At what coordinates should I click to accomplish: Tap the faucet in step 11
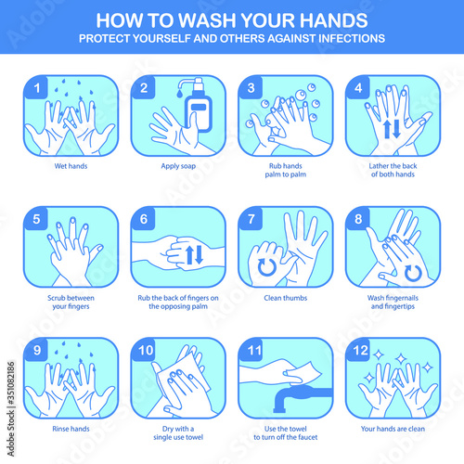(297, 397)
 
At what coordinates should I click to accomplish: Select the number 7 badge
(251, 219)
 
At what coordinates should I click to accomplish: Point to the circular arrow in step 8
(413, 274)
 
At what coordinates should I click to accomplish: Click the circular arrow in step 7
(267, 267)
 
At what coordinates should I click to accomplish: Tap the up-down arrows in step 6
(194, 254)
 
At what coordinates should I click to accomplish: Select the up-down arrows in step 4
(392, 129)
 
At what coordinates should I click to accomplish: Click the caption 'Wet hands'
(71, 166)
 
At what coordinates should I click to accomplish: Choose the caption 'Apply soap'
(178, 166)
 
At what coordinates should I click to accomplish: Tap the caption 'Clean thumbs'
(286, 298)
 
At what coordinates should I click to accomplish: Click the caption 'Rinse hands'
(71, 429)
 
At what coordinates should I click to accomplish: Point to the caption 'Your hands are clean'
(393, 429)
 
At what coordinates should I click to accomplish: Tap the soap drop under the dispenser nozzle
(180, 93)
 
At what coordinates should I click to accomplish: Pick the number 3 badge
(251, 88)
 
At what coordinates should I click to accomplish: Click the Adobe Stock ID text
(11, 409)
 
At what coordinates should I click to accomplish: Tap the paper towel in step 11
(303, 374)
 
